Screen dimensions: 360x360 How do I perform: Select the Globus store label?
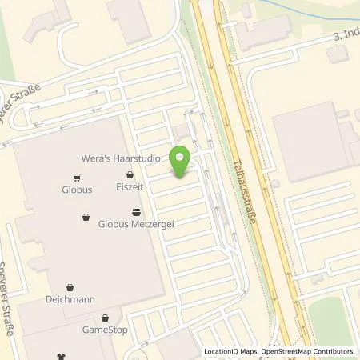[x=78, y=191]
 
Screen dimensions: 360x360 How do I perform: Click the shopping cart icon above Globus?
[x=77, y=178]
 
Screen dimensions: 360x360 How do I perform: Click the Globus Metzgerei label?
[x=136, y=226]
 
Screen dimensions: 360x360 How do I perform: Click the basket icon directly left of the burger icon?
[x=86, y=217]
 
